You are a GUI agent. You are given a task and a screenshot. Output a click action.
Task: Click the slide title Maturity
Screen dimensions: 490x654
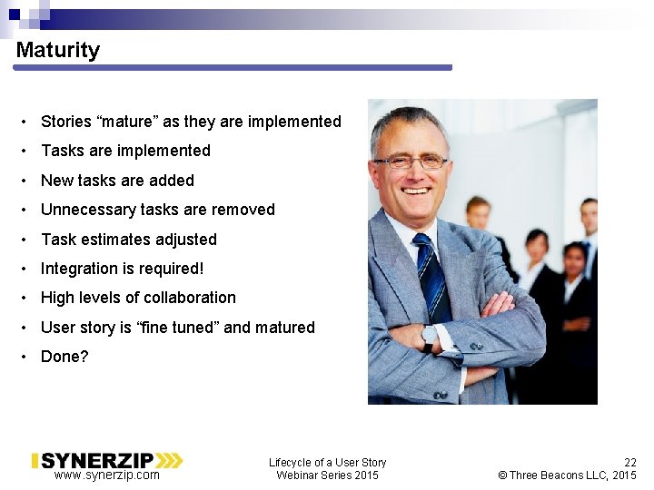[57, 51]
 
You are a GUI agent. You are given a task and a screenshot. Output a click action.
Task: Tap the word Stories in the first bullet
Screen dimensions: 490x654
[66, 122]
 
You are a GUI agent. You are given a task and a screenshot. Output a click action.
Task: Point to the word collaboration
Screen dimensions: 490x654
[187, 298]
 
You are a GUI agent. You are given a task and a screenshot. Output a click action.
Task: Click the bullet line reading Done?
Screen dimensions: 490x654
[64, 357]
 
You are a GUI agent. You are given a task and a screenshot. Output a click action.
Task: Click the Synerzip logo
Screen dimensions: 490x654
[107, 460]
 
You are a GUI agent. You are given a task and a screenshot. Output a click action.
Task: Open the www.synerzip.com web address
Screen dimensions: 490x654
[106, 475]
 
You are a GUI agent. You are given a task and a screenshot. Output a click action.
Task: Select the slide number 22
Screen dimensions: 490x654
[629, 462]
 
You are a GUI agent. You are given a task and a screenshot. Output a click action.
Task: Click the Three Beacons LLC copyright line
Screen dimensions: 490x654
[568, 475]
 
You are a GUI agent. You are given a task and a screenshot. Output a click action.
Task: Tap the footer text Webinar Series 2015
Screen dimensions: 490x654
[327, 475]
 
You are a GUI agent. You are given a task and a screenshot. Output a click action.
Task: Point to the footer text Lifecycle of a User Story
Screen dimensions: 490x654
[327, 462]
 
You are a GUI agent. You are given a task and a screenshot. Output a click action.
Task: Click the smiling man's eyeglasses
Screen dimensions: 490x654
[411, 162]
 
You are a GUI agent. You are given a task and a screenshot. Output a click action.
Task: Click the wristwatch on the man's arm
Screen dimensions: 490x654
[430, 338]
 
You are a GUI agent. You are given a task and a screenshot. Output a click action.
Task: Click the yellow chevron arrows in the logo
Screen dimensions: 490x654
[170, 460]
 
